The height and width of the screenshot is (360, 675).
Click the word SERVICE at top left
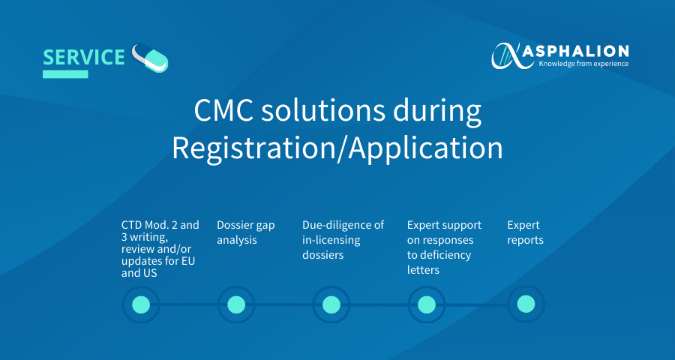coord(84,57)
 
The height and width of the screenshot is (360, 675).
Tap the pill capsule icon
coord(150,58)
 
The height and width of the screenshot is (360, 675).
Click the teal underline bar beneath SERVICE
coord(65,74)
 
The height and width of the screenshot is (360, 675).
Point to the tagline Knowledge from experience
coord(583,64)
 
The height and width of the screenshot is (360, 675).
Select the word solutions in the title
coord(322,111)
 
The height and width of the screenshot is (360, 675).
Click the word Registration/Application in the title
coord(337,148)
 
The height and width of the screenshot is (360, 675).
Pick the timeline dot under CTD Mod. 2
coord(141,305)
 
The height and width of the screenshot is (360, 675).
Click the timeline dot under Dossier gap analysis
coord(236,305)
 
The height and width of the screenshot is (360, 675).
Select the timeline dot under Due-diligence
coord(331,305)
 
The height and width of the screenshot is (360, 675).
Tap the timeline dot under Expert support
coord(427,305)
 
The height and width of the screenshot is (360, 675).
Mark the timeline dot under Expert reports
coord(526,304)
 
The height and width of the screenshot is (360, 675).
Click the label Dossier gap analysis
coord(246,232)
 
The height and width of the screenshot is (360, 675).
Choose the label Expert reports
coord(525,232)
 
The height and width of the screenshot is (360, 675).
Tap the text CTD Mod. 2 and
coord(160,225)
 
